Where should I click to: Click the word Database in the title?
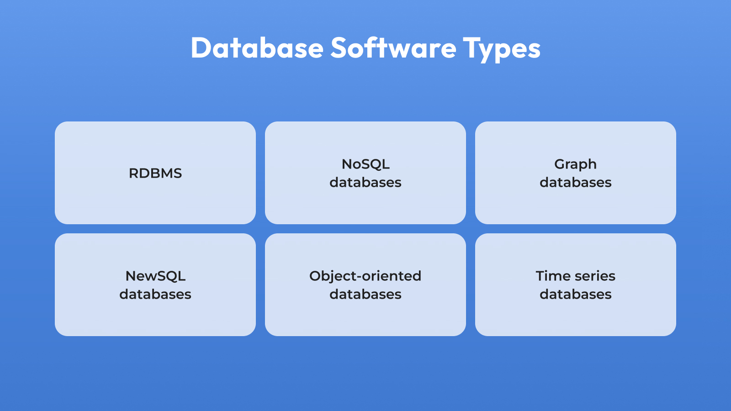click(257, 47)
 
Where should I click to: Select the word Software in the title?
click(393, 47)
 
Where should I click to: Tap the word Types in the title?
click(502, 49)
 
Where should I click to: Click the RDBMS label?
click(155, 173)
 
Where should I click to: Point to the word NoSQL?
click(365, 164)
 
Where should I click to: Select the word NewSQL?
click(155, 276)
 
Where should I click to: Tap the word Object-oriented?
click(365, 276)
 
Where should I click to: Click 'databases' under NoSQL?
click(365, 182)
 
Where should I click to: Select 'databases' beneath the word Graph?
click(576, 182)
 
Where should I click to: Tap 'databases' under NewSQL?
click(155, 294)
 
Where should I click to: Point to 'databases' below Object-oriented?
click(365, 294)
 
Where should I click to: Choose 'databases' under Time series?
click(576, 294)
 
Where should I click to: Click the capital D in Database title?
click(201, 48)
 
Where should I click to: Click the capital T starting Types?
click(472, 48)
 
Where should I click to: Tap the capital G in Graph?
click(560, 164)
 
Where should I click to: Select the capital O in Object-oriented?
click(316, 276)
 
